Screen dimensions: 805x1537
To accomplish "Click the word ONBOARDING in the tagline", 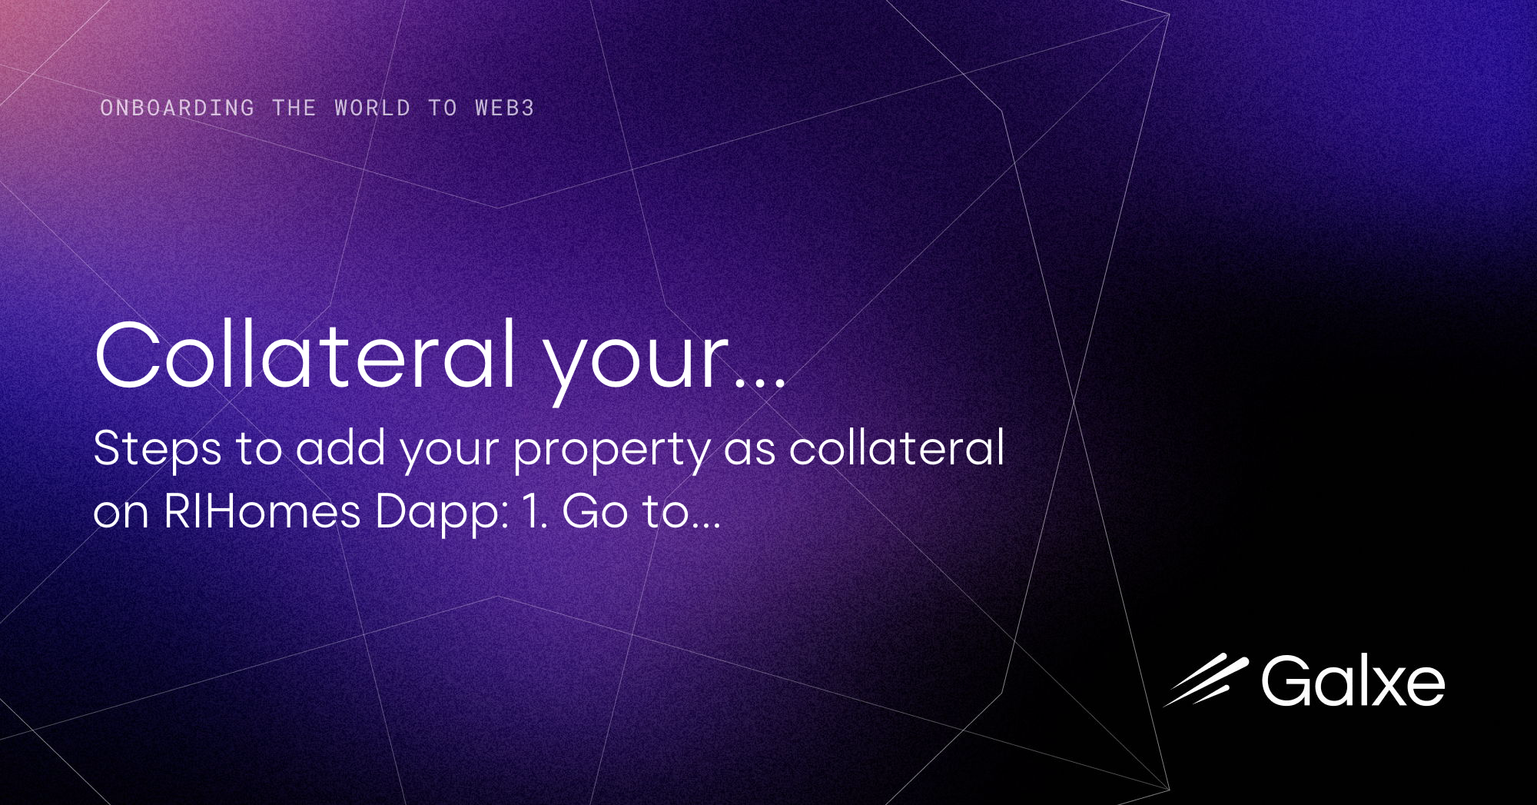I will click(177, 108).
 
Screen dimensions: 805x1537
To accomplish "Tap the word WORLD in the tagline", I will click(373, 108).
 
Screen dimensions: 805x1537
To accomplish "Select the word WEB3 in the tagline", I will click(504, 108).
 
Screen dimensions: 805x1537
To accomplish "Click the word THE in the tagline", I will click(294, 108).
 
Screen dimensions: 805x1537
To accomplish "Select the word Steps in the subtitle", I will click(158, 450).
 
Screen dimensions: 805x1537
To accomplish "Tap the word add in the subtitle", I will click(340, 448).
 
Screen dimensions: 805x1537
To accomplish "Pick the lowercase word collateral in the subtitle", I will click(897, 448).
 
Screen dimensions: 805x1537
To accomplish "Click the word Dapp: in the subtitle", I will click(443, 514).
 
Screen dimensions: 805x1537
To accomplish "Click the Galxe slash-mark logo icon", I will click(1207, 680).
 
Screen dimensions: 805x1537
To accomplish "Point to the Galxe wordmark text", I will click(1353, 681).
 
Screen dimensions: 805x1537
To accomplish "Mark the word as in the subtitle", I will click(749, 450).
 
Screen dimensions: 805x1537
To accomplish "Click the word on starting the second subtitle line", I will click(121, 514).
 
